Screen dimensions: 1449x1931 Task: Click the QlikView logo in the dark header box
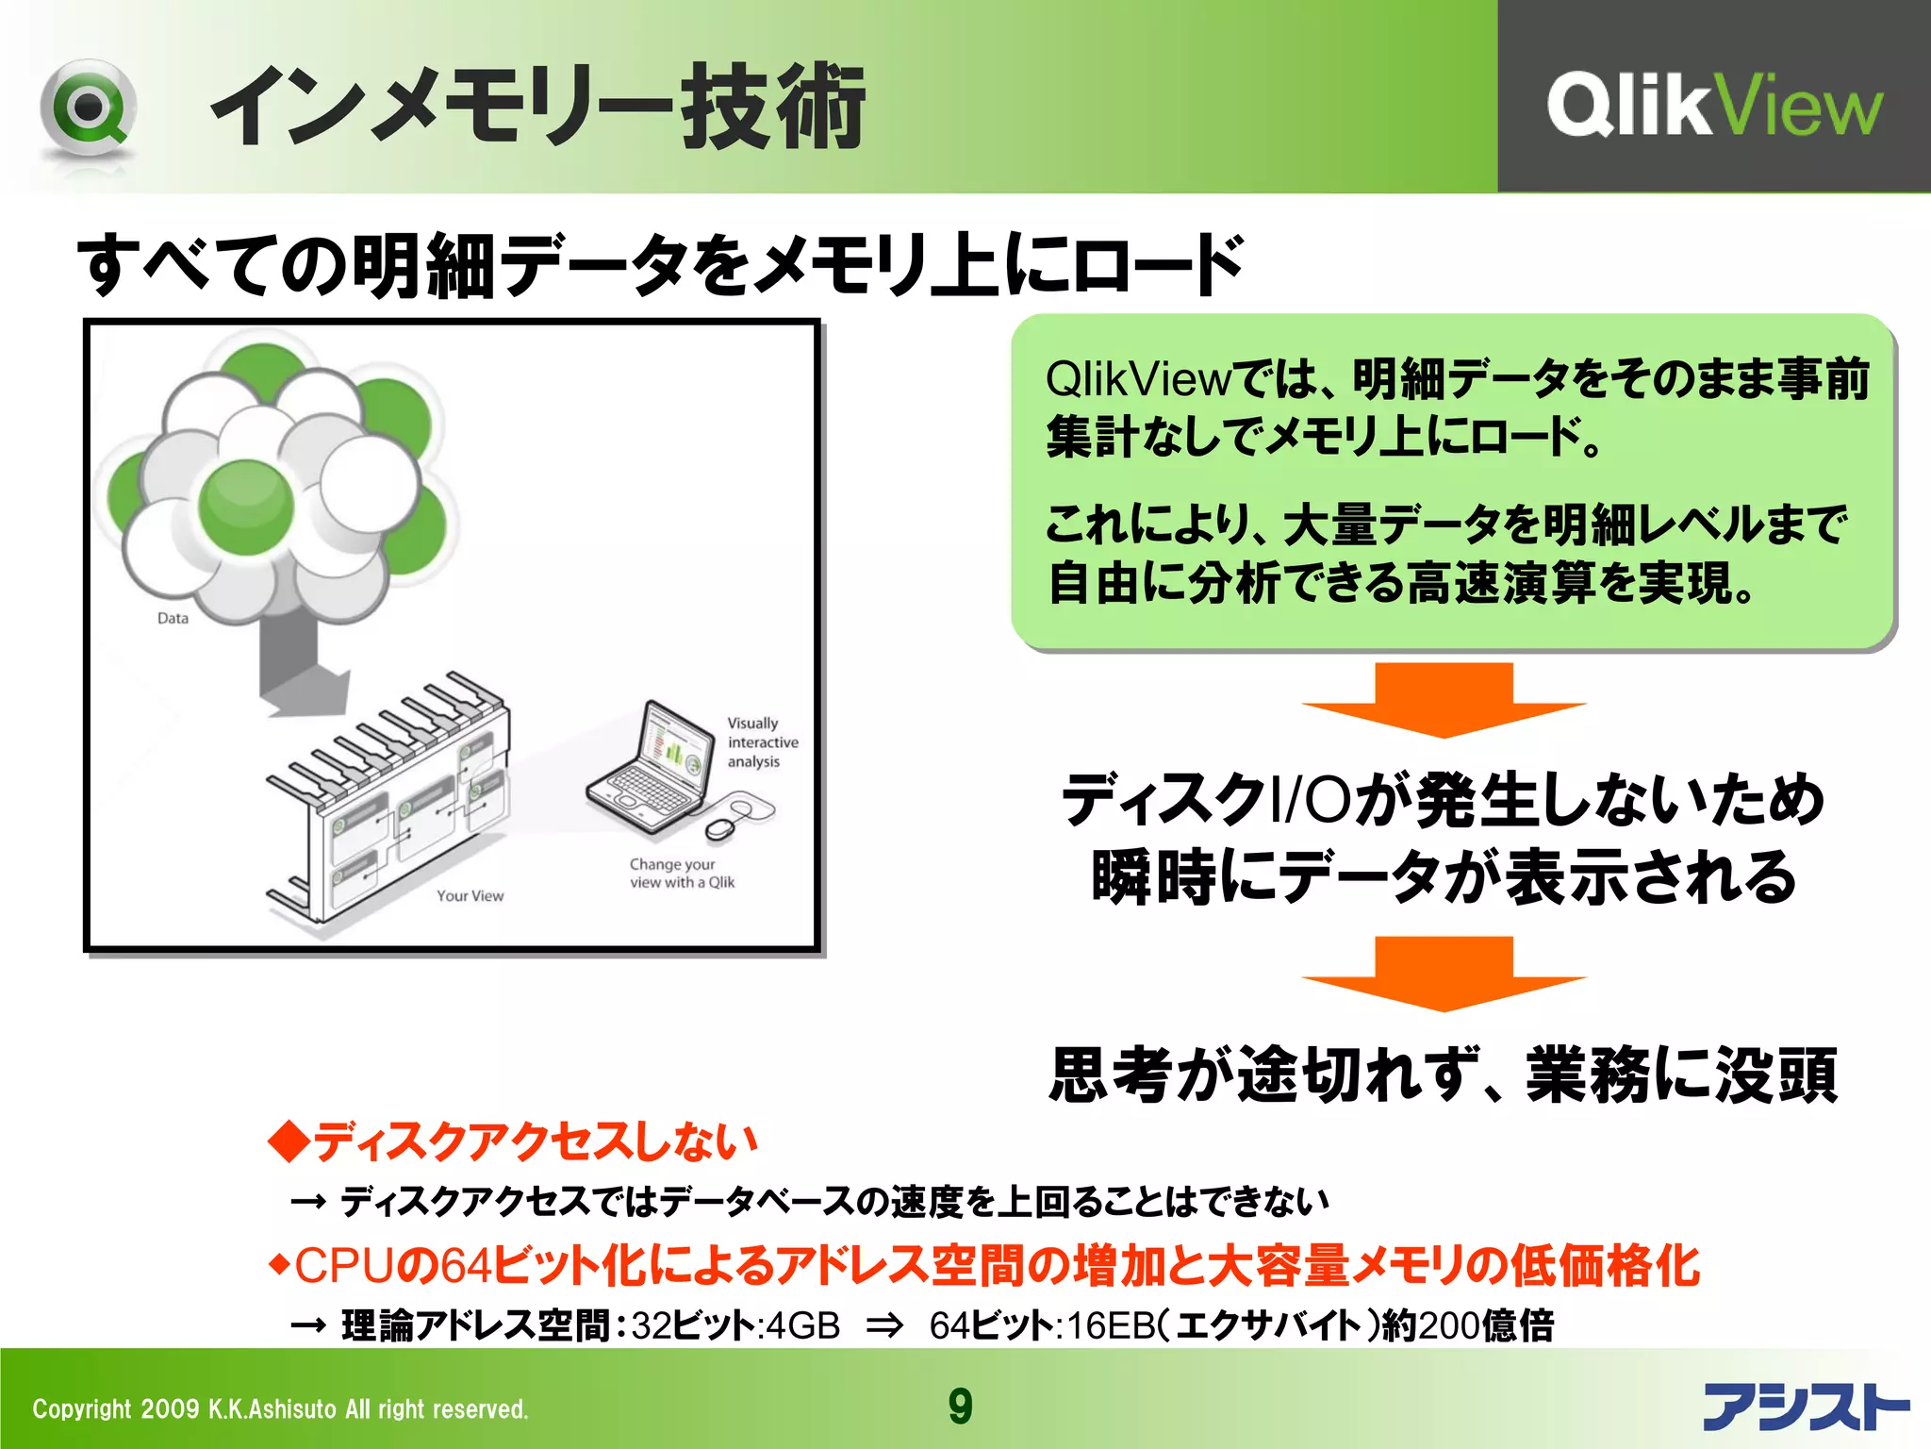[x=1713, y=105]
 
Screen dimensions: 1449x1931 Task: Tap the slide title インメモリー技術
[x=536, y=106]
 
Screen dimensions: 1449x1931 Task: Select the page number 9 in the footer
[x=960, y=1407]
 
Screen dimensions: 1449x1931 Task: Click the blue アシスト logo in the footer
[x=1805, y=1407]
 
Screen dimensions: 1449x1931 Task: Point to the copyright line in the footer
[x=280, y=1409]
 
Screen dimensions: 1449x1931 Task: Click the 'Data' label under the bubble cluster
[x=173, y=619]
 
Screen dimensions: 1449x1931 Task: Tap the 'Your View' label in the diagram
[x=470, y=896]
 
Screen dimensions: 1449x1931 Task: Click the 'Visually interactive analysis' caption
[x=762, y=742]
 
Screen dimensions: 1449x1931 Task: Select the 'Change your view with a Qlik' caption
[x=682, y=874]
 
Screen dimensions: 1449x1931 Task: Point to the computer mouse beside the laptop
[x=721, y=828]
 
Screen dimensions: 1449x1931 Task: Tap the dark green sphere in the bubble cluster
[x=245, y=508]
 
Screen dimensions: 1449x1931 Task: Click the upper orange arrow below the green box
[x=1444, y=700]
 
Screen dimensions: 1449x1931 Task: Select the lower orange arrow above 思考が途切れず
[x=1444, y=974]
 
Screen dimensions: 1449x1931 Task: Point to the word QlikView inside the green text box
[x=1138, y=379]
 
